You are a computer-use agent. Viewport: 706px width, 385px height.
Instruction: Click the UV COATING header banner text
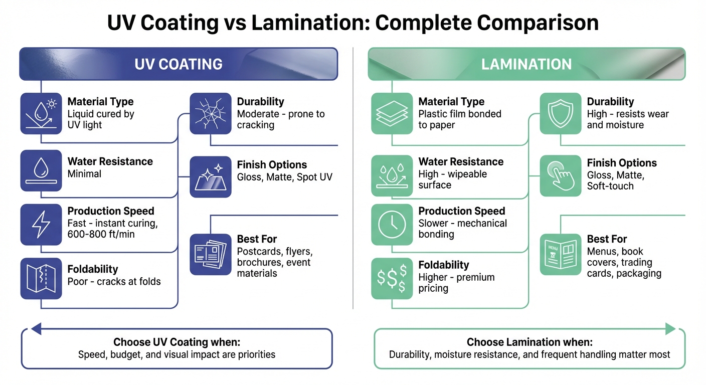pos(179,64)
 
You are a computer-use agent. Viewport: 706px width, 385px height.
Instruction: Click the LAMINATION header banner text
pos(526,64)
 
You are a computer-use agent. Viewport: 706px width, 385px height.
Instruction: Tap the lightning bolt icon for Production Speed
pos(41,224)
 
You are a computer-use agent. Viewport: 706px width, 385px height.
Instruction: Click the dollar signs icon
pos(392,278)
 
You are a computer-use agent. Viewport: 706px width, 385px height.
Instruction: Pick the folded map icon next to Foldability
pos(41,278)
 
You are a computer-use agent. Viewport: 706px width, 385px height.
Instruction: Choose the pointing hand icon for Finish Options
pos(560,175)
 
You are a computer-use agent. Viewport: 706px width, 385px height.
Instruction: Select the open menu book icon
pos(560,254)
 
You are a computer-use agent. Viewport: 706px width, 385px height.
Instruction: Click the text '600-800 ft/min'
pos(101,234)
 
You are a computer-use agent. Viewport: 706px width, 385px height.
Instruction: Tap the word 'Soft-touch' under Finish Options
pos(610,186)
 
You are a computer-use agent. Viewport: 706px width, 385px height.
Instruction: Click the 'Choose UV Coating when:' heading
pos(176,342)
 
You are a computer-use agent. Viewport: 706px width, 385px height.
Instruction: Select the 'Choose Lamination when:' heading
pos(529,342)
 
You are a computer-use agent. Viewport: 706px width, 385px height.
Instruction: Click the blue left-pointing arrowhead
pos(36,329)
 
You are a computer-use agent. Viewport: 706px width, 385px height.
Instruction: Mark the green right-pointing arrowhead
pos(670,329)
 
